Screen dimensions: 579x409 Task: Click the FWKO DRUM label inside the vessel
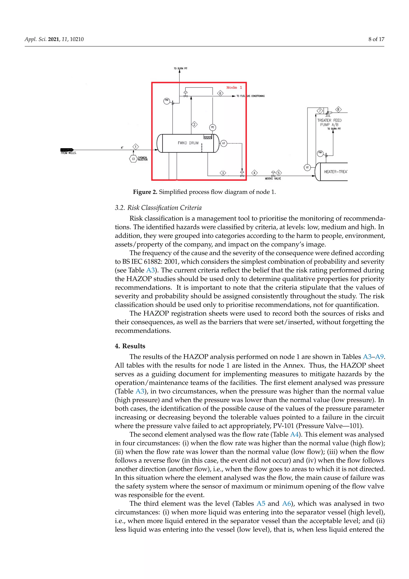[188, 143]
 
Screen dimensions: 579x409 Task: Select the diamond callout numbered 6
[220, 93]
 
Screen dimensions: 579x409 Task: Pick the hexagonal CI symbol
[133, 159]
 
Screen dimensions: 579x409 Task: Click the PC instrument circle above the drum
[212, 127]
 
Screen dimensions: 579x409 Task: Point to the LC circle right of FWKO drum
[223, 143]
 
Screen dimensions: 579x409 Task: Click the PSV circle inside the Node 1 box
[167, 101]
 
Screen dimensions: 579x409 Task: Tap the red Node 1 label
[234, 88]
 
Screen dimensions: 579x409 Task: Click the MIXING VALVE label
[273, 179]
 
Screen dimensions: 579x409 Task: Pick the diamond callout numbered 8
[338, 109]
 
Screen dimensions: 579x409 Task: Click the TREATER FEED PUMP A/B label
[329, 123]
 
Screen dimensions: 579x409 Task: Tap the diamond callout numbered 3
[223, 173]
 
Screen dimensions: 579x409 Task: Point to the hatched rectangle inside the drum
[207, 137]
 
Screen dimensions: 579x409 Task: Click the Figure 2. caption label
[145, 192]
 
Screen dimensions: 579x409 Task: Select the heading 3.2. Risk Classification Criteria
[158, 208]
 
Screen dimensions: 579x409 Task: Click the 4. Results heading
[130, 346]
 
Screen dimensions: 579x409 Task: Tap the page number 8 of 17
[376, 39]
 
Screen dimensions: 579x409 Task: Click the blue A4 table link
[294, 434]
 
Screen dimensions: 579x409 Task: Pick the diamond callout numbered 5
[279, 173]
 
